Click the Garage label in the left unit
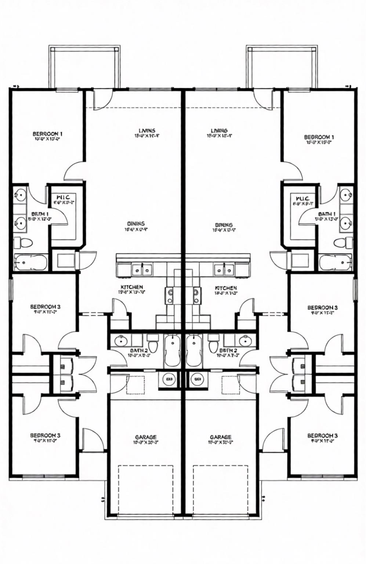click(x=146, y=437)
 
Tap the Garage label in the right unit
click(x=221, y=437)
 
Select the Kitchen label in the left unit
click(x=132, y=287)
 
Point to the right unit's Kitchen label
click(x=226, y=288)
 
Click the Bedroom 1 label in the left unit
click(x=47, y=134)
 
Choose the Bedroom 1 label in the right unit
click(x=319, y=137)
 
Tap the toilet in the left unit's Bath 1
click(x=23, y=242)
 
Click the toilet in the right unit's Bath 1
click(x=343, y=242)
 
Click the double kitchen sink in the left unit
click(x=142, y=270)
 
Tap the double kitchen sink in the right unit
click(x=225, y=270)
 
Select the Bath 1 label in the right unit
click(x=327, y=214)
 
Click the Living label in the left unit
click(x=147, y=130)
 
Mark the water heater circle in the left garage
click(x=169, y=379)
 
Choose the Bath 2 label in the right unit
click(x=228, y=351)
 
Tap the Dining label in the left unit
click(x=136, y=224)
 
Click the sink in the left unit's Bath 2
click(x=121, y=341)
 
